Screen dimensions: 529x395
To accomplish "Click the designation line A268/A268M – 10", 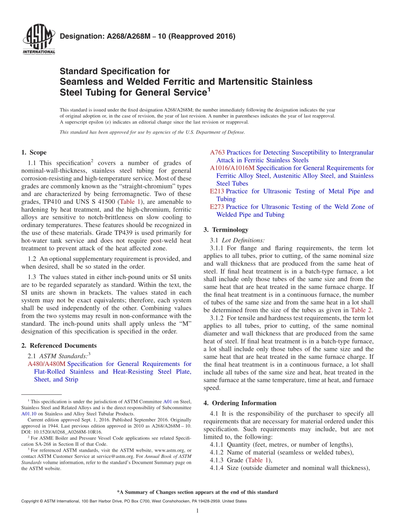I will pyautogui.click(x=148, y=36).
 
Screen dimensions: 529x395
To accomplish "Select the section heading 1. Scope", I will pyautogui.click(x=34, y=153).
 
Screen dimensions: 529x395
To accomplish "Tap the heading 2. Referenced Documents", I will pyautogui.click(x=59, y=346).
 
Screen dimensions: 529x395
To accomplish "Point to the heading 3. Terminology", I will pyautogui.click(x=226, y=230).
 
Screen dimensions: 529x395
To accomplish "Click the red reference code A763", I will pyautogui.click(x=217, y=153).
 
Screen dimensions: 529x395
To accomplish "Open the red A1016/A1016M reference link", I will pyautogui.click(x=232, y=168).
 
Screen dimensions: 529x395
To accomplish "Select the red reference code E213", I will pyautogui.click(x=217, y=191).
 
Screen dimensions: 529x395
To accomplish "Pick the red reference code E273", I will pyautogui.click(x=217, y=207).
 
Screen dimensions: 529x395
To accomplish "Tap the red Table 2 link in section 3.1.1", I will pyautogui.click(x=362, y=310).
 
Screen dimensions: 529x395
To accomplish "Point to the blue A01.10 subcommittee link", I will pyautogui.click(x=29, y=414).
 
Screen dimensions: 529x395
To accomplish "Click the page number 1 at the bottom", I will pyautogui.click(x=197, y=511).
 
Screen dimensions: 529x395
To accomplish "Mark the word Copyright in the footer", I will pyautogui.click(x=31, y=501).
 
